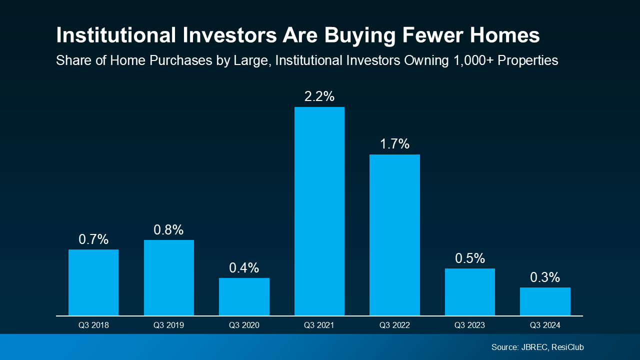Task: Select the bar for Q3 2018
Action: (93, 282)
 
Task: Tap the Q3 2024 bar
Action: (545, 301)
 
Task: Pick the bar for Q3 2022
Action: (394, 235)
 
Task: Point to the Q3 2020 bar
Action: (244, 296)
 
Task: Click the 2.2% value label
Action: (319, 96)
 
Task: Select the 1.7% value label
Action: (394, 144)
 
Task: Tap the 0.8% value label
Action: (168, 229)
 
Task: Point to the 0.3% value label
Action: (545, 277)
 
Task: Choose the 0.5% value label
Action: (470, 258)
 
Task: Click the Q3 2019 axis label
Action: (168, 325)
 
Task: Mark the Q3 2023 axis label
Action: (470, 325)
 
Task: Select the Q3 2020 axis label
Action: (244, 325)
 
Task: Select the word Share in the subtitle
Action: (71, 60)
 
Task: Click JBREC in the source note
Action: (532, 347)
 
